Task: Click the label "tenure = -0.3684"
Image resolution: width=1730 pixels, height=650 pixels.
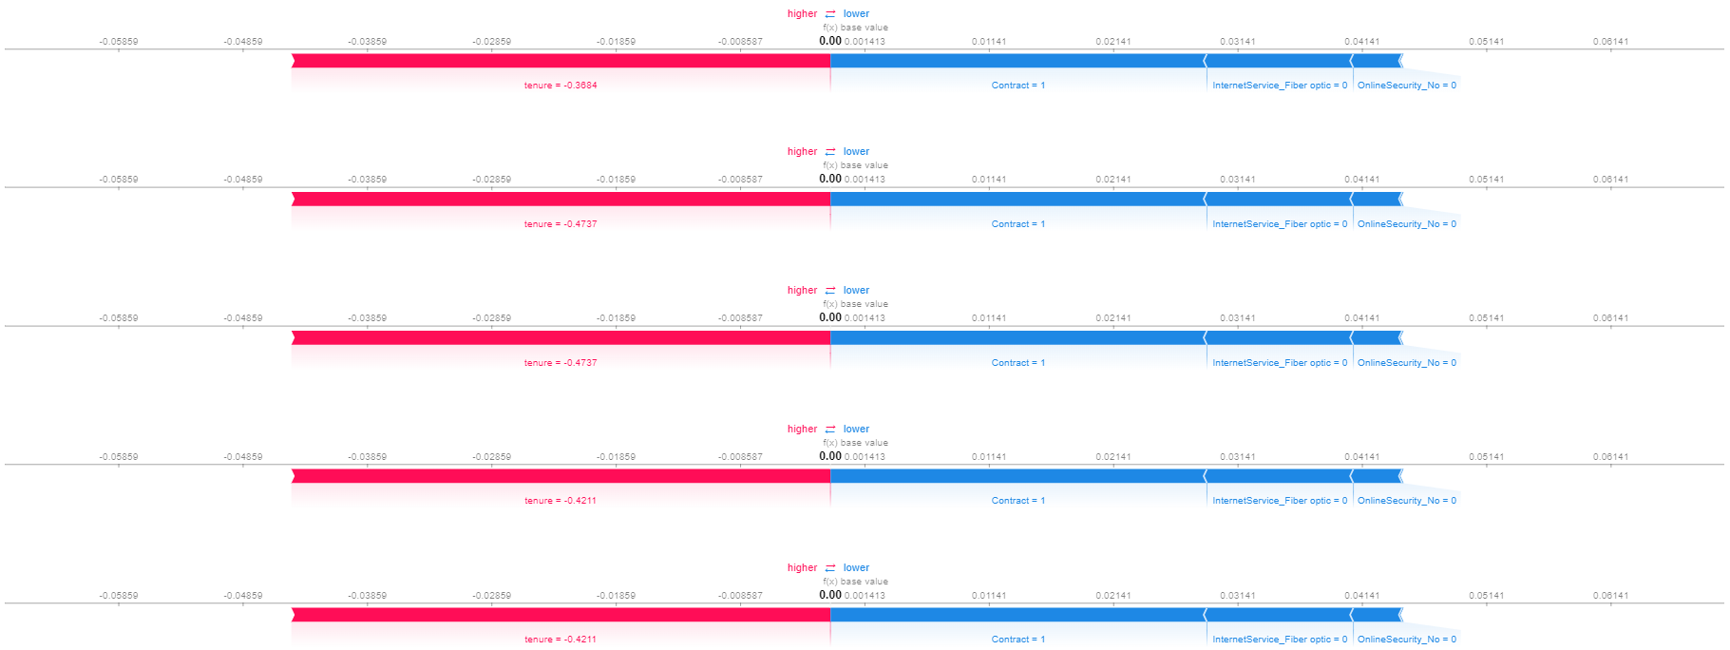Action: (x=561, y=86)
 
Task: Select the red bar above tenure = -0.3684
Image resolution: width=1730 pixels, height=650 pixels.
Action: (x=561, y=61)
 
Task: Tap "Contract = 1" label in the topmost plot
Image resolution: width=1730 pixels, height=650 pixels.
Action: (x=1017, y=86)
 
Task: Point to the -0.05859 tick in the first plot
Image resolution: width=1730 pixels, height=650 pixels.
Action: (x=119, y=42)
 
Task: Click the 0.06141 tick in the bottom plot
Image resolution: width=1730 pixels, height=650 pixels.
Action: (x=1610, y=596)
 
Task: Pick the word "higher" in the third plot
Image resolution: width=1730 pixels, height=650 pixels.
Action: (x=802, y=291)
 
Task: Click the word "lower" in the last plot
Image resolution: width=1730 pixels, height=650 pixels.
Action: (x=856, y=568)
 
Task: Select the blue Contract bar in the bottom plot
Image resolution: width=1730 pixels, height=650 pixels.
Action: (x=1017, y=615)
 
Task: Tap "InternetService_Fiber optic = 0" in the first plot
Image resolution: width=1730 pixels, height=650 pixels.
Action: (x=1280, y=86)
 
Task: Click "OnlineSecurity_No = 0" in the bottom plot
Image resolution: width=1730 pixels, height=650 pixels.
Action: (x=1406, y=640)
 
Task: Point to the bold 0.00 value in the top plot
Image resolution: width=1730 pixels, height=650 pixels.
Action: (x=829, y=41)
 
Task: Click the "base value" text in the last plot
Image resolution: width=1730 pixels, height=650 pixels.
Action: (x=864, y=582)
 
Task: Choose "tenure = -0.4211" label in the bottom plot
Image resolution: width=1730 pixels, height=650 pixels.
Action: (x=561, y=640)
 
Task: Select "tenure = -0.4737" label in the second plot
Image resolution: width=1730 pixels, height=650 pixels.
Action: (x=561, y=224)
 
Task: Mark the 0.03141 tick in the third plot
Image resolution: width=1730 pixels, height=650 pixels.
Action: (x=1237, y=318)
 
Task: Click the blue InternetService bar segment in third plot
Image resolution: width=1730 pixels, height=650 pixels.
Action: (x=1279, y=337)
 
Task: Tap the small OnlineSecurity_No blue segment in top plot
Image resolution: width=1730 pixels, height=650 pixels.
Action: (x=1377, y=61)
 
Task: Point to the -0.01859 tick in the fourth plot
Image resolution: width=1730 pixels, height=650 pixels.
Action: (x=616, y=457)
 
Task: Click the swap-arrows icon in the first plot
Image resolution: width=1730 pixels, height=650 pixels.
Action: (x=830, y=14)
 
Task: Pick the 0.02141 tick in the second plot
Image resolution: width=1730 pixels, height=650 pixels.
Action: (x=1112, y=180)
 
